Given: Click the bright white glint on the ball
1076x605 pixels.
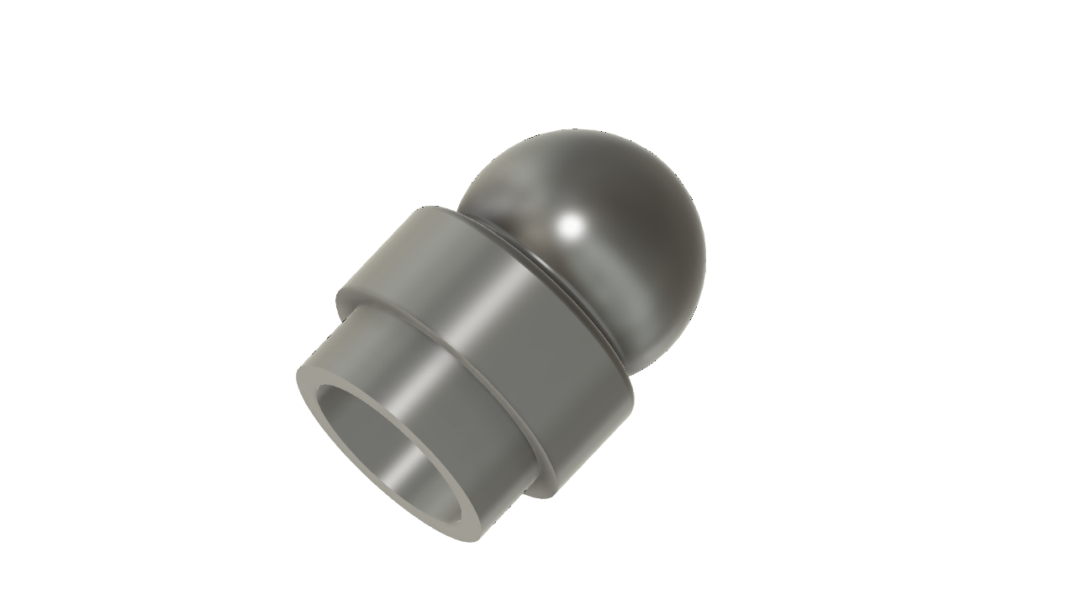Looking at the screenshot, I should click(572, 224).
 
